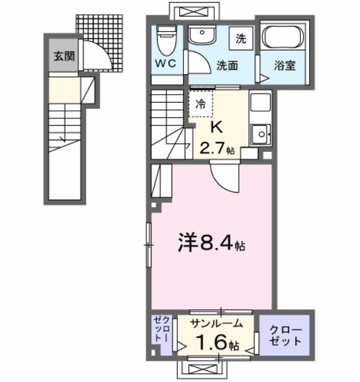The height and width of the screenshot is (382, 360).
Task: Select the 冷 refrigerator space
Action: (x=201, y=104)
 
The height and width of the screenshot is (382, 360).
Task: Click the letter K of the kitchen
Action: (x=217, y=127)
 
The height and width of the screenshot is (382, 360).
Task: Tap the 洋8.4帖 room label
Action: (x=211, y=245)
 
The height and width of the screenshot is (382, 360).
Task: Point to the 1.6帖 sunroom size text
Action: (x=215, y=343)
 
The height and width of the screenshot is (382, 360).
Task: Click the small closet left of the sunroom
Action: (x=161, y=333)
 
